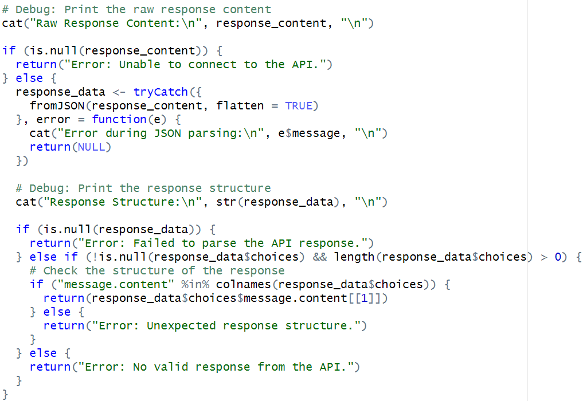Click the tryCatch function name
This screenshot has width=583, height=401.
161,92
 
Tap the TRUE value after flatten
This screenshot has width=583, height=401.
299,105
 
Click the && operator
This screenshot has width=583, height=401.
320,257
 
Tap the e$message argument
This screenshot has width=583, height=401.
320,133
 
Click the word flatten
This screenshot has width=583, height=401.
240,105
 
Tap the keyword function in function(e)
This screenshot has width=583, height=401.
119,119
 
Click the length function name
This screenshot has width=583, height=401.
355,257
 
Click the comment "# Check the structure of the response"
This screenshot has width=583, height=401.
157,270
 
